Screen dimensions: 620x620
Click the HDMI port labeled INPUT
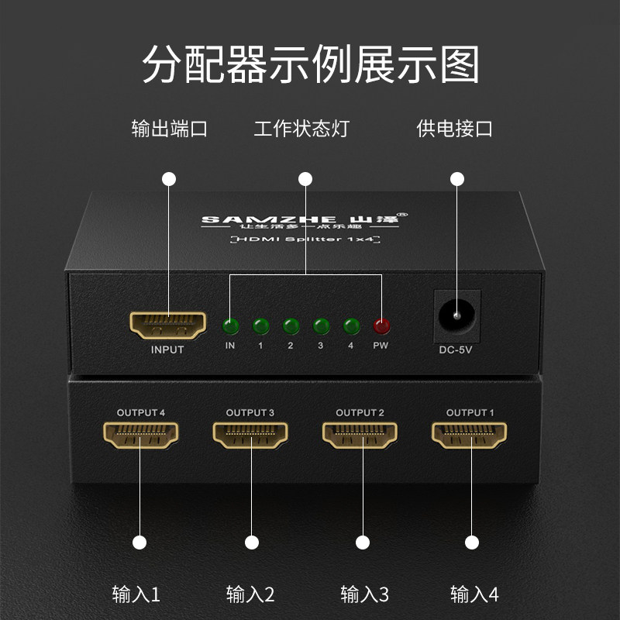[x=167, y=325]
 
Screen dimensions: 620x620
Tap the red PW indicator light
[x=381, y=325]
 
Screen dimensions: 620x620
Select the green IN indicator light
[x=230, y=325]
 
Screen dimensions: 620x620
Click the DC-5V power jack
[x=456, y=315]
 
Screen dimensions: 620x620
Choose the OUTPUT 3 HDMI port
[x=250, y=436]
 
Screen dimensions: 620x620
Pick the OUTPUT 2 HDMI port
[x=360, y=436]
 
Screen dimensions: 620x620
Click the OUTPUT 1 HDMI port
[x=470, y=436]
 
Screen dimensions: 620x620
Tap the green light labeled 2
[x=291, y=325]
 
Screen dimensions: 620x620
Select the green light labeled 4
[x=351, y=325]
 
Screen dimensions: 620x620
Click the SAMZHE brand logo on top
[x=305, y=219]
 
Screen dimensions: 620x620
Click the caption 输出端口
[x=169, y=129]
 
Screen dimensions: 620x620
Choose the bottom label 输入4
[x=474, y=594]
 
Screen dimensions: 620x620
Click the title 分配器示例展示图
[x=310, y=64]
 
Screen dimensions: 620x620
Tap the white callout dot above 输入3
[x=361, y=542]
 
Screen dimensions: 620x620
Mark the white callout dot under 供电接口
[x=456, y=179]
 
